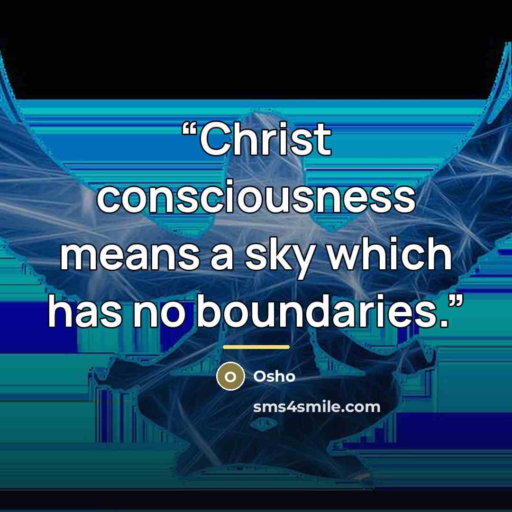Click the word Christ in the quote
tap(266, 139)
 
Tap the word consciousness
tap(256, 197)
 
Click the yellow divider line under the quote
tap(256, 347)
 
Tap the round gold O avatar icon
tap(230, 376)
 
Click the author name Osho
tap(274, 376)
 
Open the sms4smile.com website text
tap(317, 407)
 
